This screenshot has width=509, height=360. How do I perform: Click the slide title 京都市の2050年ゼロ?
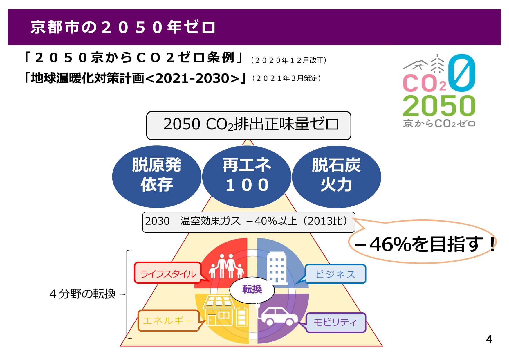point(123,27)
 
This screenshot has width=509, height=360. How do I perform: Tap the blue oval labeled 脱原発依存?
point(157,177)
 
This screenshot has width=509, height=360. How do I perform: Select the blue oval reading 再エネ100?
point(247,177)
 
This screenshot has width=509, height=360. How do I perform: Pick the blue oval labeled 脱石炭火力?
point(336,177)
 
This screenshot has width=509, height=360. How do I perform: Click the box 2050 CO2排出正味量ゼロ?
point(249,125)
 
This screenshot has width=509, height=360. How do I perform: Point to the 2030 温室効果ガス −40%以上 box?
point(249,222)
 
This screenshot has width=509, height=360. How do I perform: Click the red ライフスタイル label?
point(168,273)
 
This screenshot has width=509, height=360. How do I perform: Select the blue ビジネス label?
point(335,274)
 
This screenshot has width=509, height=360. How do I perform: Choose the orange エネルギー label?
point(168,321)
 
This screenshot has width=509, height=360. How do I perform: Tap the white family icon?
point(226,266)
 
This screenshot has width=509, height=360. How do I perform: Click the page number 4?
point(489,339)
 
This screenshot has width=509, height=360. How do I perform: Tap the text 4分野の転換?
point(83,294)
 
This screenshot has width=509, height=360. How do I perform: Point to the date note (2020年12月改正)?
point(289,60)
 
